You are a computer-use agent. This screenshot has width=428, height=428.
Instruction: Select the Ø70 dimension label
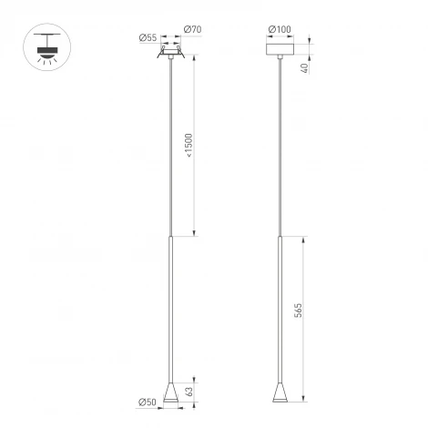click(x=192, y=31)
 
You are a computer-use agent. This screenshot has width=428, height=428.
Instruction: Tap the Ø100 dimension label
click(x=281, y=31)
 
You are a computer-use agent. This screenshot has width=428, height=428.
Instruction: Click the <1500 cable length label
click(x=189, y=145)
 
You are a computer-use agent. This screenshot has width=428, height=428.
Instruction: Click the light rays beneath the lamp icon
click(x=44, y=56)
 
